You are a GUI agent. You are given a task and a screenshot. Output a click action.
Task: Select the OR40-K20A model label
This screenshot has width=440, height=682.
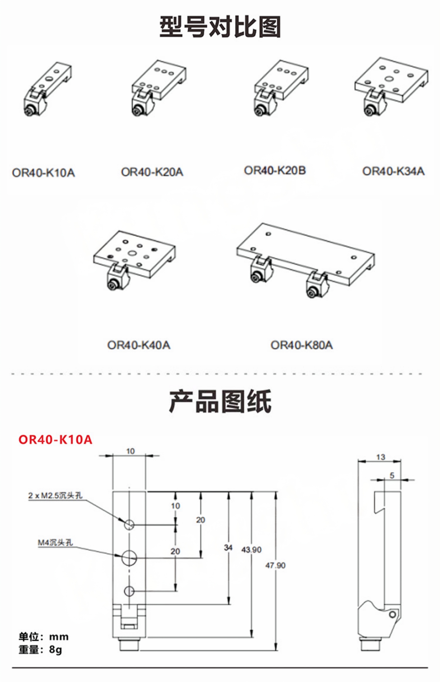[x=152, y=172]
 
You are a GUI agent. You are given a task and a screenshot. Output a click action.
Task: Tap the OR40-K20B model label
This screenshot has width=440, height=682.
[x=275, y=170]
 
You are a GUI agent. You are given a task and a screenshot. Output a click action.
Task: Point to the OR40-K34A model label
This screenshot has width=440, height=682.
[x=394, y=171]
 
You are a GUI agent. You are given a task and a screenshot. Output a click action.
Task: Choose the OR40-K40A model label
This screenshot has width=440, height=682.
[x=139, y=345]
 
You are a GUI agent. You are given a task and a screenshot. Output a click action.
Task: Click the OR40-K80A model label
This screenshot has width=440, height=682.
[x=302, y=345]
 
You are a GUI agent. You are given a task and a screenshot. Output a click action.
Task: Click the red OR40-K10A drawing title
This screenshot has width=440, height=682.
[x=55, y=440]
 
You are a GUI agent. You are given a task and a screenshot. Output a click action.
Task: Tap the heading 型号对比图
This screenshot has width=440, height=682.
[x=220, y=27]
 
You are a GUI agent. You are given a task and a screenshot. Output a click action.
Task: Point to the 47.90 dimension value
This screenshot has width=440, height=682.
[x=275, y=566]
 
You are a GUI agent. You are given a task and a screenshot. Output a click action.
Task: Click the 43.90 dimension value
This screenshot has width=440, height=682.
[x=251, y=550]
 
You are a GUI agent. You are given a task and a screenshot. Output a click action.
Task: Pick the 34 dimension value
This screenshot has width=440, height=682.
[x=228, y=548]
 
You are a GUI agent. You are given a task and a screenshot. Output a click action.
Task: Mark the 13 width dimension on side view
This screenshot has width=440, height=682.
[x=381, y=457]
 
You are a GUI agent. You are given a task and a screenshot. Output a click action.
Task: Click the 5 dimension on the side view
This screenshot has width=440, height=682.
[x=392, y=475]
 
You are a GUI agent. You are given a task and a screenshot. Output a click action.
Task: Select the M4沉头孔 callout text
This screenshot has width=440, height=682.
[x=55, y=542]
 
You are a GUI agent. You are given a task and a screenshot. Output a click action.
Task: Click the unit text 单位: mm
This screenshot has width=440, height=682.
[x=44, y=637]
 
